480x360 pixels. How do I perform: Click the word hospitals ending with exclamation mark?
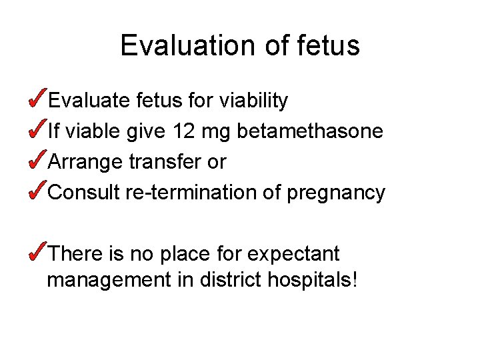tap(312, 281)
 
